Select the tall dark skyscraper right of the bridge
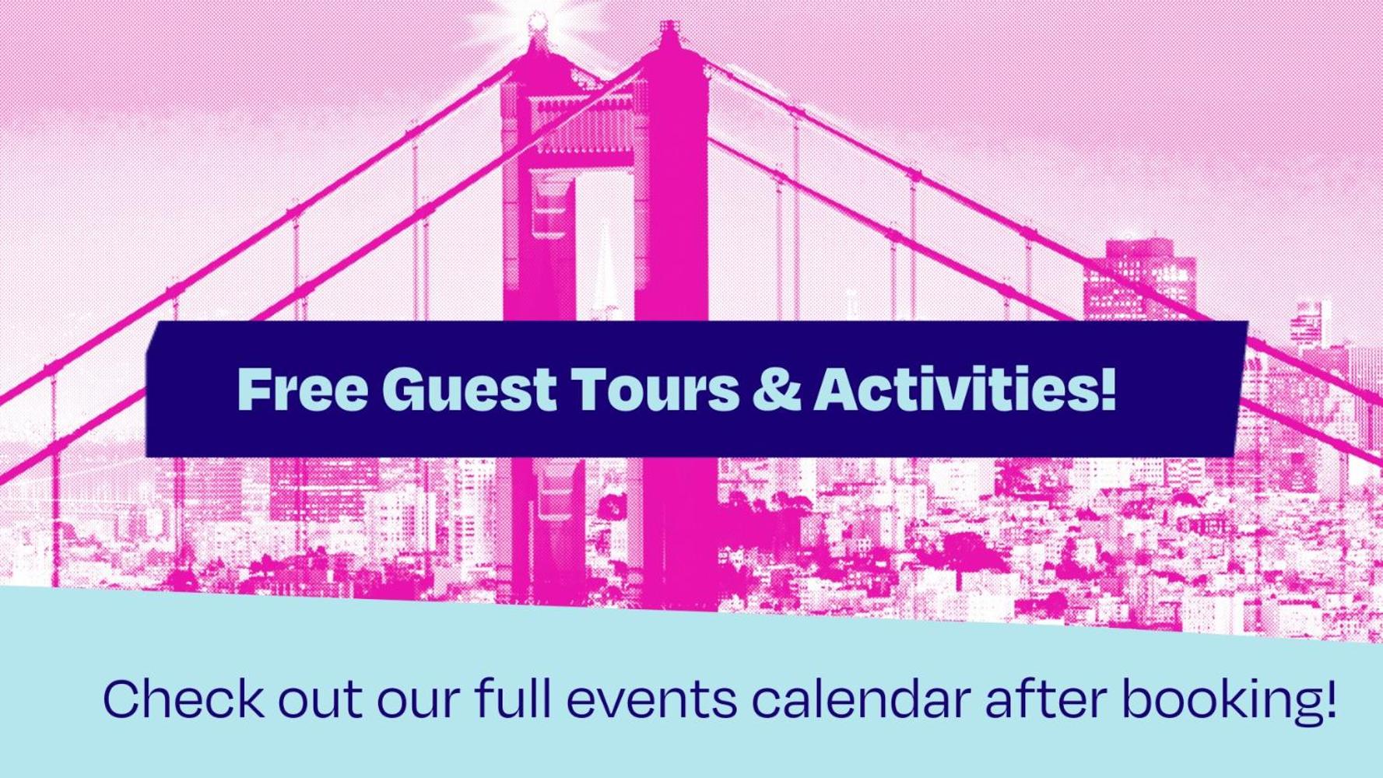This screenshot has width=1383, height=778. (1140, 280)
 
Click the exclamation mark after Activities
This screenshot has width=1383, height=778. (1108, 388)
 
